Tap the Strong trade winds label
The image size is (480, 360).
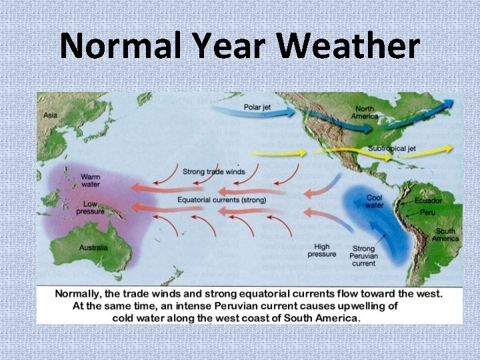click(213, 172)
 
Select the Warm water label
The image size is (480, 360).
click(90, 181)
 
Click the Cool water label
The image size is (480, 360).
click(374, 201)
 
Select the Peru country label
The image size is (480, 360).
click(427, 212)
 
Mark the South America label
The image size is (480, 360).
click(445, 235)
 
